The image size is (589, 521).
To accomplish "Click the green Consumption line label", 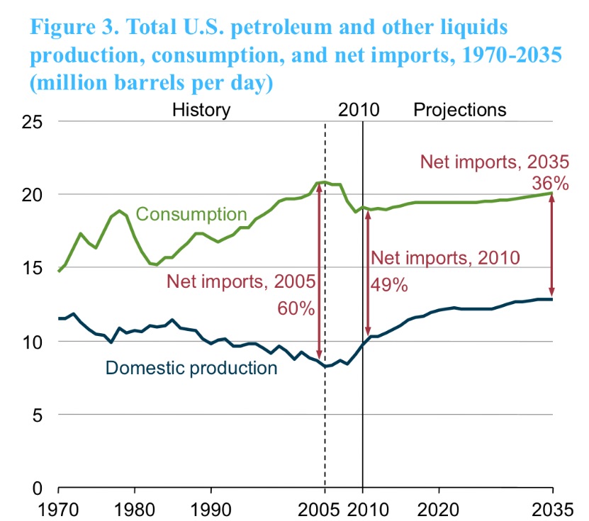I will pyautogui.click(x=191, y=214).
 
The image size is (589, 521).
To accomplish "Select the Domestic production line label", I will pyautogui.click(x=191, y=368).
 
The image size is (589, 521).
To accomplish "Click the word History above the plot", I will pyautogui.click(x=202, y=110).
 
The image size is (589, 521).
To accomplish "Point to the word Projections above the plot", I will pyautogui.click(x=460, y=110).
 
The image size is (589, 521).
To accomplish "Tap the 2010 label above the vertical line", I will pyautogui.click(x=359, y=110).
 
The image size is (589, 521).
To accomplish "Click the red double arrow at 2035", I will pyautogui.click(x=552, y=245).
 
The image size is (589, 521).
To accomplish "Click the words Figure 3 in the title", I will pyautogui.click(x=74, y=28).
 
